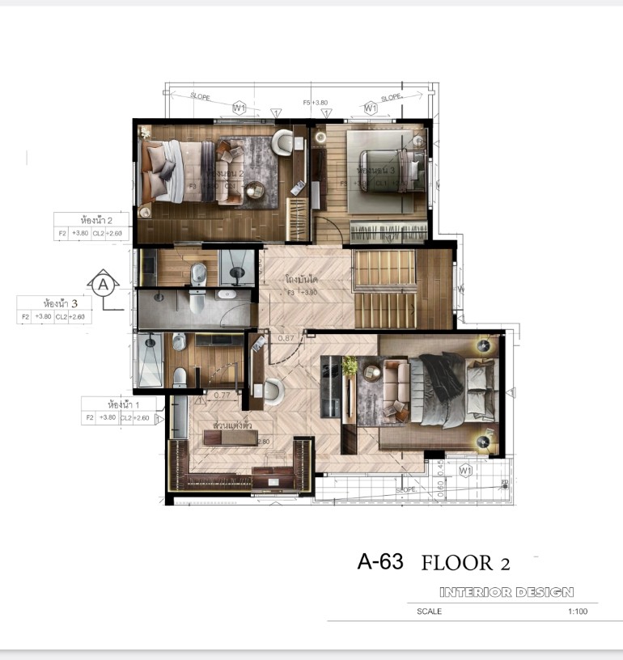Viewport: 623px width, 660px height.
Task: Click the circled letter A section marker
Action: coord(103,285)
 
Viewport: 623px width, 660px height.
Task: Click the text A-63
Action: coord(380,562)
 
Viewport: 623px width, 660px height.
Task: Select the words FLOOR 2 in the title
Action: coord(465,563)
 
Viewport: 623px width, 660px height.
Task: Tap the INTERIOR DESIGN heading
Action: coord(506,592)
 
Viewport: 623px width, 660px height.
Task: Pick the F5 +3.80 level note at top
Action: coord(315,103)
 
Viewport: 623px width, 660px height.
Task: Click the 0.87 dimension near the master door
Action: coord(285,338)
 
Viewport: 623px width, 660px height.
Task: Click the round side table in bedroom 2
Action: coord(256,190)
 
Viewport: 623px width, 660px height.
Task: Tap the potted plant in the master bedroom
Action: coord(350,366)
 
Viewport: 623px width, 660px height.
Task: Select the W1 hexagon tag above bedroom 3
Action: coord(371,107)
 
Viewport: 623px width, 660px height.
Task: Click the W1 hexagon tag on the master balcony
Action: coord(465,469)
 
